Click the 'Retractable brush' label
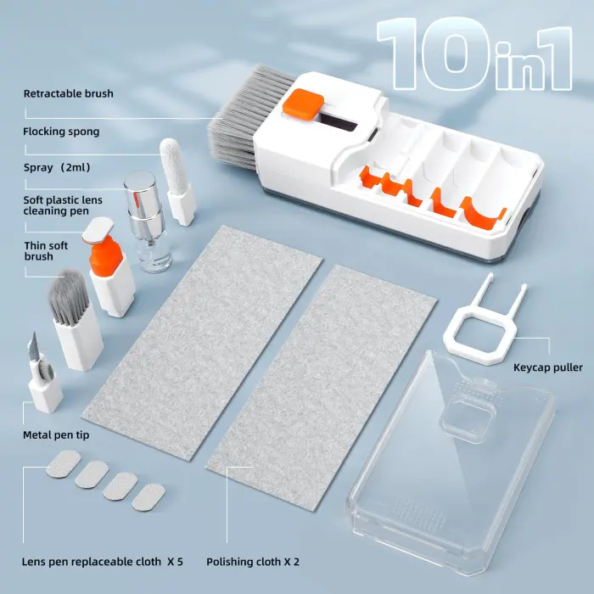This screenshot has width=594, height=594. click(68, 93)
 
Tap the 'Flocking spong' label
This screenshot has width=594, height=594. click(61, 132)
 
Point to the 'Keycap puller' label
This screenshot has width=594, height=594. click(548, 367)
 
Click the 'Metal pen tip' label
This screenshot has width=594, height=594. click(56, 435)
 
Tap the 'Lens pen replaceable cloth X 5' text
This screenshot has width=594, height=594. click(103, 561)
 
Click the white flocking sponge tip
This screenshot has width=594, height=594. click(172, 161)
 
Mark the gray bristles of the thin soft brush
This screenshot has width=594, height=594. click(65, 297)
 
